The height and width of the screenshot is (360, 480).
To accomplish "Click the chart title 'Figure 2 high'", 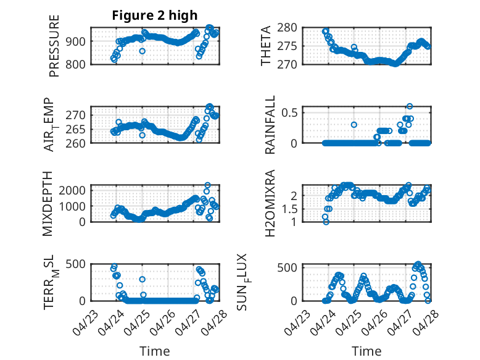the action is (x=155, y=15).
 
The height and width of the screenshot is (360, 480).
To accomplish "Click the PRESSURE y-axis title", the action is (x=54, y=46).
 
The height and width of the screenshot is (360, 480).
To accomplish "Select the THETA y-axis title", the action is (x=266, y=46).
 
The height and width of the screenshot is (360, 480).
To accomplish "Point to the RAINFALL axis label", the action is (x=270, y=125).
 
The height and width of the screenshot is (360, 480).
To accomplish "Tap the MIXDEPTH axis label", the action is (x=48, y=204).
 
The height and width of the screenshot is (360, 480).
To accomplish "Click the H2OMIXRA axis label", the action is (x=270, y=203).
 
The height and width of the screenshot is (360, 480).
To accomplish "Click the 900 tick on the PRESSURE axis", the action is (x=75, y=41).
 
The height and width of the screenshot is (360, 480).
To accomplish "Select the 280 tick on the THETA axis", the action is (x=287, y=28).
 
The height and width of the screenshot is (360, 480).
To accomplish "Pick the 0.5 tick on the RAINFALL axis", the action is (x=289, y=112).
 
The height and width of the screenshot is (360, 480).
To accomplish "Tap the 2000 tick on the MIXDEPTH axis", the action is (x=72, y=190).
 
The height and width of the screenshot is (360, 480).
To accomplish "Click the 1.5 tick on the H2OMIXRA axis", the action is (x=289, y=209).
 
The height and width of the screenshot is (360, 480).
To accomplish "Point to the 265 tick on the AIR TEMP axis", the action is (x=75, y=129).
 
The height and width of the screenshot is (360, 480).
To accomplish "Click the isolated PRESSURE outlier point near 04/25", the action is (x=142, y=51).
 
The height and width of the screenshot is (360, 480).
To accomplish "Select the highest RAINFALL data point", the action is (x=410, y=106).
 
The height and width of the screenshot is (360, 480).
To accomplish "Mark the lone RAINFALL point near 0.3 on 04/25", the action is (x=354, y=125).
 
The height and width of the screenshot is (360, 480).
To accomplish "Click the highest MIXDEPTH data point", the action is (x=207, y=185).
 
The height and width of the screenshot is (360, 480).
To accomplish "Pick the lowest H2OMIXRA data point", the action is (x=326, y=222).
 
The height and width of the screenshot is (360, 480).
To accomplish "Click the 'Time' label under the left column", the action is (x=155, y=351).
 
